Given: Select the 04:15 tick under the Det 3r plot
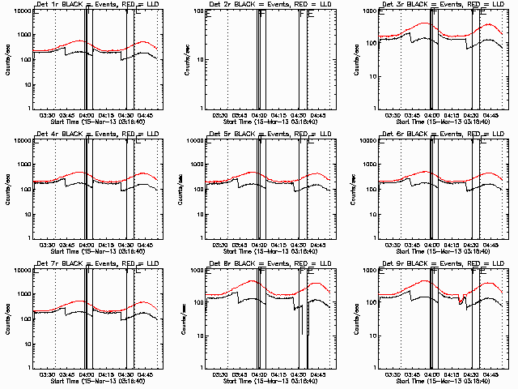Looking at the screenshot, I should tap(454, 115).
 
